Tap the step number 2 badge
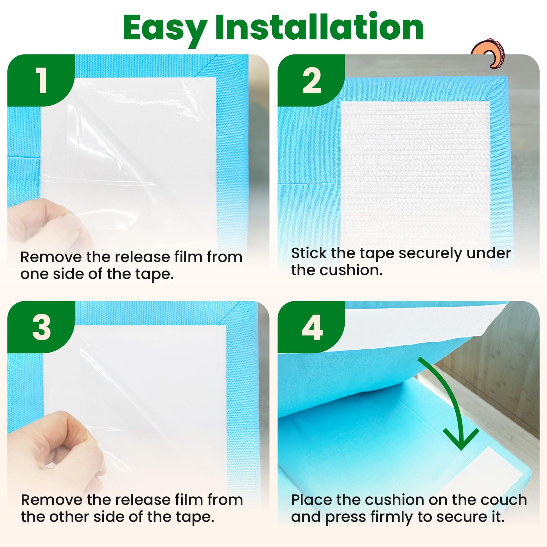(311, 81)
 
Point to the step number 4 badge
(311, 327)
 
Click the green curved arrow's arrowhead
(461, 439)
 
